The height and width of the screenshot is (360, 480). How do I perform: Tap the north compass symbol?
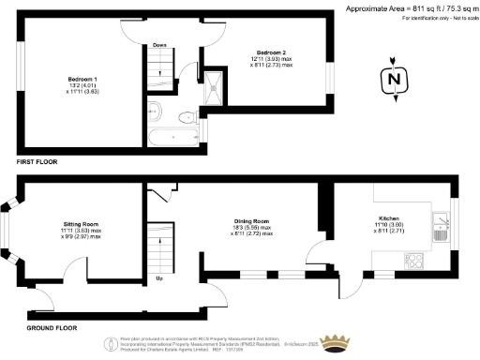394,81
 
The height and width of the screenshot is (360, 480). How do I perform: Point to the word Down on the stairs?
159,44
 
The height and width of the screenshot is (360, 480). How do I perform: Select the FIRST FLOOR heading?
36,162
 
